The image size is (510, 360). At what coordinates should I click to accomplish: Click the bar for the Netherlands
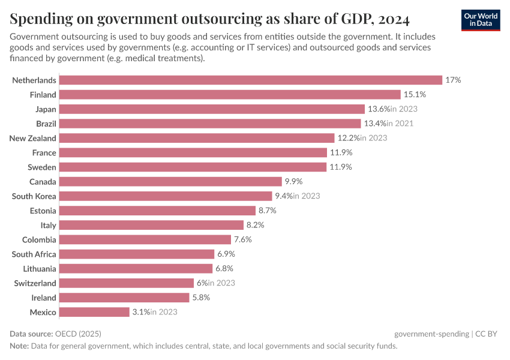251,80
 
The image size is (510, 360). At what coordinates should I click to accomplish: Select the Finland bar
230,94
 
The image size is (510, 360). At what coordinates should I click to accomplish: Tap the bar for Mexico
94,312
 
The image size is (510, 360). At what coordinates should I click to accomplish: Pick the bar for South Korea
166,196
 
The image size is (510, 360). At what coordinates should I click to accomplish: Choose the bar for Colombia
146,239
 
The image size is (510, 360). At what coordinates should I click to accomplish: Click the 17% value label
453,80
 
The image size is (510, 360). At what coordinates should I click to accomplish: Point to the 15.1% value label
413,94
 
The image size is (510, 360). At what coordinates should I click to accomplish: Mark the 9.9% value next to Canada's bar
294,181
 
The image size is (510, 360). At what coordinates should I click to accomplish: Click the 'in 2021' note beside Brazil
400,124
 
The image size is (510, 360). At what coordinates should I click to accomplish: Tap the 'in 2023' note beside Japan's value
404,109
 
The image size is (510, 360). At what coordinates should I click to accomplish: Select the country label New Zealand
33,138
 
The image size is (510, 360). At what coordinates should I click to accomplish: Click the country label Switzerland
35,283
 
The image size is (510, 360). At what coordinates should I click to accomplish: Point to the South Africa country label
34,254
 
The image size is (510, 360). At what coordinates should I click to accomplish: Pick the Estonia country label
43,211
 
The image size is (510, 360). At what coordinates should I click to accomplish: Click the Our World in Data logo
481,20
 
